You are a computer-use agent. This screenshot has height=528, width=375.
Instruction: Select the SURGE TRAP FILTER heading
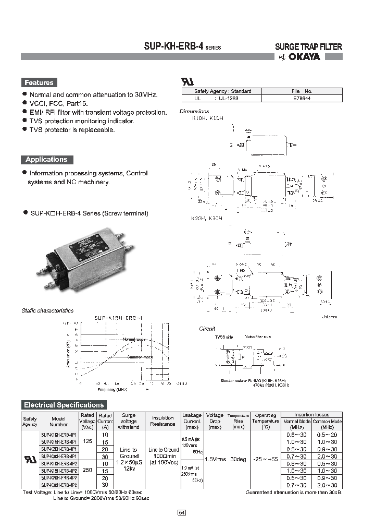click(x=308, y=46)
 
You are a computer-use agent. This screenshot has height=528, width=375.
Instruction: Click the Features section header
click(x=39, y=82)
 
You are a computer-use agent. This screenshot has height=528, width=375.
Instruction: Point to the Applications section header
click(x=46, y=160)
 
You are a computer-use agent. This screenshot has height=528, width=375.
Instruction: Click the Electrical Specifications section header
click(x=64, y=405)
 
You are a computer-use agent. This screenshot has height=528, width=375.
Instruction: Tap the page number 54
click(x=182, y=513)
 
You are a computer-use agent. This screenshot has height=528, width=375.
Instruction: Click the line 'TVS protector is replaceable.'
click(x=72, y=129)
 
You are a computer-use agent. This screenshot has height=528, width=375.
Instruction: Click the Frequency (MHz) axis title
click(x=111, y=389)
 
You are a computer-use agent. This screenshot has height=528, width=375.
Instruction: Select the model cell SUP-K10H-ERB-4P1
click(x=59, y=435)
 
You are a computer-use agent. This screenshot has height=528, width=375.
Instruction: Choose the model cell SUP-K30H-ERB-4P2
click(x=59, y=485)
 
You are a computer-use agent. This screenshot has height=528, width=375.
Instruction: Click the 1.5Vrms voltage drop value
click(x=215, y=459)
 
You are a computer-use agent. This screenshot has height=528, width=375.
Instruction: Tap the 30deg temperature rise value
click(x=239, y=459)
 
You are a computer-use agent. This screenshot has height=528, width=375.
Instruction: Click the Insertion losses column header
click(x=311, y=415)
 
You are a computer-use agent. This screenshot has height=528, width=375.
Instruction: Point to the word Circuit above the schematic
click(x=207, y=329)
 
